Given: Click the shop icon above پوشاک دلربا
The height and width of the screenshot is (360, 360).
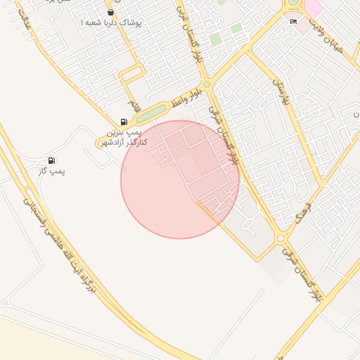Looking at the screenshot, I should [110, 12].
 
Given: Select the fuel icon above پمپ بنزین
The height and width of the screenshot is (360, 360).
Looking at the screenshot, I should [124, 122].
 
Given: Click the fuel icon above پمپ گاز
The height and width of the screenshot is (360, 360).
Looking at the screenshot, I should [51, 161].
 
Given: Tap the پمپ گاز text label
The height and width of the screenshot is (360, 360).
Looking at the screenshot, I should [51, 172].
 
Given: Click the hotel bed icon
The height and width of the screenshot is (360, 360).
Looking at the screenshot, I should [293, 22].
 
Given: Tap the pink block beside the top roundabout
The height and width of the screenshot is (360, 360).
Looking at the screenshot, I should [313, 8].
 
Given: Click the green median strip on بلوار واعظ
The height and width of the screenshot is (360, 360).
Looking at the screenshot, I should [150, 113].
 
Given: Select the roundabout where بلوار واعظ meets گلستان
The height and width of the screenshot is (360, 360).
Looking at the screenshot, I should [206, 85].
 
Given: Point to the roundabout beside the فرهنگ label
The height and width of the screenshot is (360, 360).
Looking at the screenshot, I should [281, 237].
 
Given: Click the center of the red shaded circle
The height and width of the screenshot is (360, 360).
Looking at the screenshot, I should [180, 180].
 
